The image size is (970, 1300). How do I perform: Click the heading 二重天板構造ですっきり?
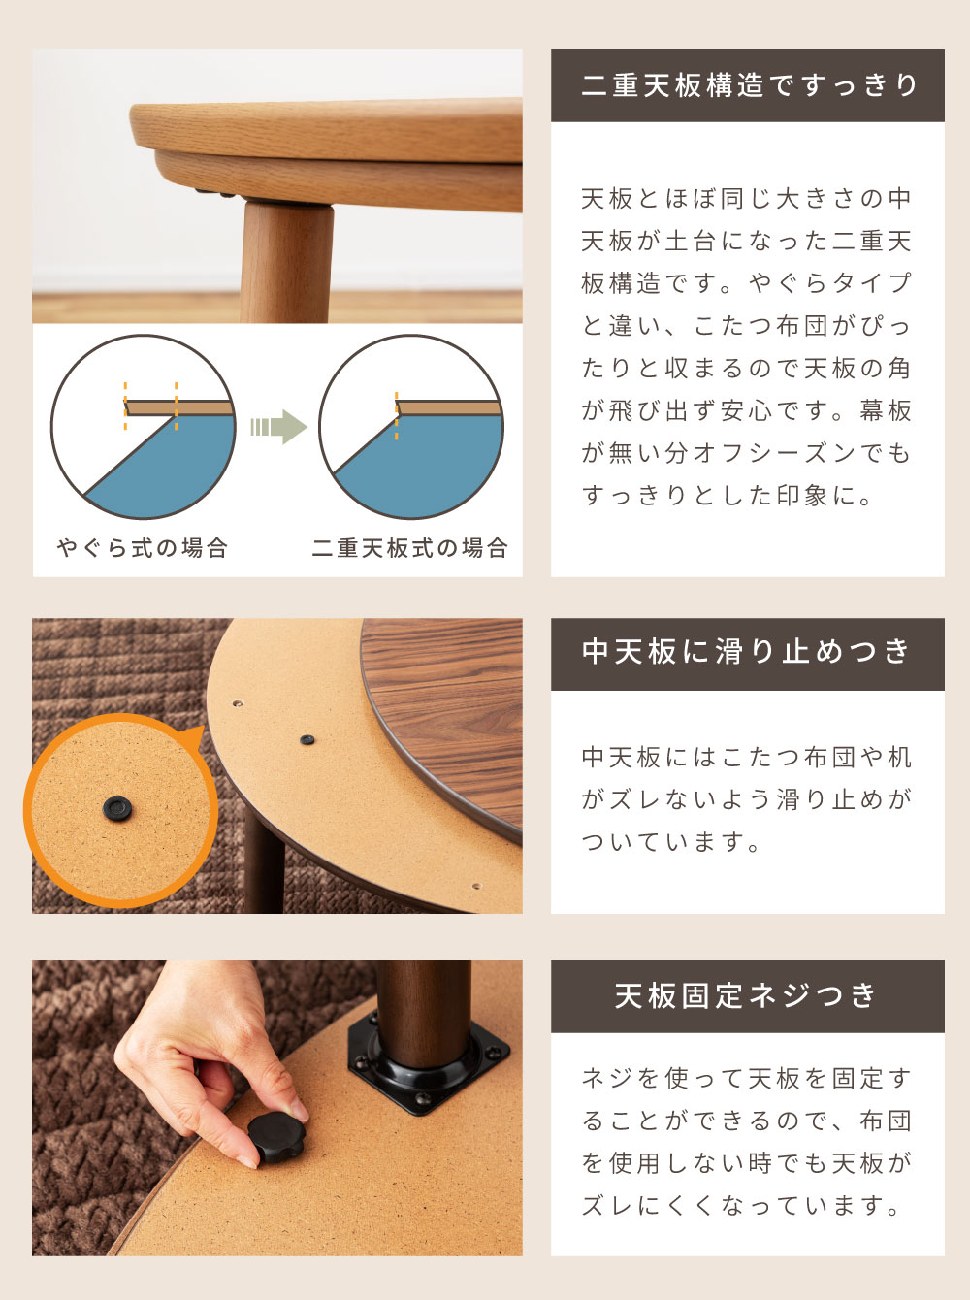748,85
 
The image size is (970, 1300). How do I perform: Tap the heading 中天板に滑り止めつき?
748,652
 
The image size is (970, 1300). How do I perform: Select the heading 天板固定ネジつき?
748,996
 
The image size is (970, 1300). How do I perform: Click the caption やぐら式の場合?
143,548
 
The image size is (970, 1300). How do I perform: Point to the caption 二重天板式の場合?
410,548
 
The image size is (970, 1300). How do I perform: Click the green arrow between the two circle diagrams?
278,427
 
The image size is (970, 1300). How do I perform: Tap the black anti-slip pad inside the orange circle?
117,808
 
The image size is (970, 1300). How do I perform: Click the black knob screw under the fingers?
275,1134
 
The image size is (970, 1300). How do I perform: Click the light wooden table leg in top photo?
286,262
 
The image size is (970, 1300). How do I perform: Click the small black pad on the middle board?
307,739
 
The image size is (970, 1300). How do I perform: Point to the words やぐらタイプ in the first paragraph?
829,283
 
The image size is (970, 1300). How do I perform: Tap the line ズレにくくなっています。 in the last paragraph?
742,1206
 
